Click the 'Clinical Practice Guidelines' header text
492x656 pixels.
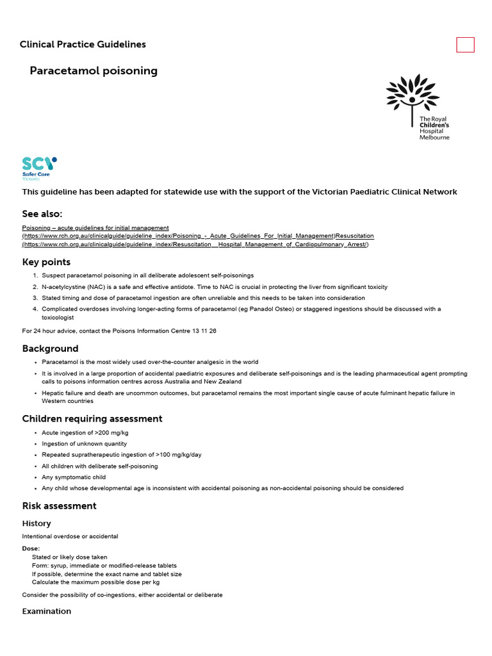pos(83,45)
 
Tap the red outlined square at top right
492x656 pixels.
pos(465,45)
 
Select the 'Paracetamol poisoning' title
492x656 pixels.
pos(94,71)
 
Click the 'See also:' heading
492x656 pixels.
pos(42,214)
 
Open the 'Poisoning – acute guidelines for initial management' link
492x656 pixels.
pos(95,227)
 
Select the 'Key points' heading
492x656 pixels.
pos(46,262)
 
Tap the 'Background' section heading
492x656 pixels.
pos(50,348)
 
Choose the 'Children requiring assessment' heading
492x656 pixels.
pos(92,419)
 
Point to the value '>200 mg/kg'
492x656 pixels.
pos(102,433)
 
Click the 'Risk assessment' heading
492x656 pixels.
pos(59,506)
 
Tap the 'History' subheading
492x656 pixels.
pos(37,523)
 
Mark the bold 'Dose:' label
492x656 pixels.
pos(31,548)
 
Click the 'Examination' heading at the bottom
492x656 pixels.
pos(47,611)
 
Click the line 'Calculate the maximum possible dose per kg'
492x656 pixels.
pos(95,582)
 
